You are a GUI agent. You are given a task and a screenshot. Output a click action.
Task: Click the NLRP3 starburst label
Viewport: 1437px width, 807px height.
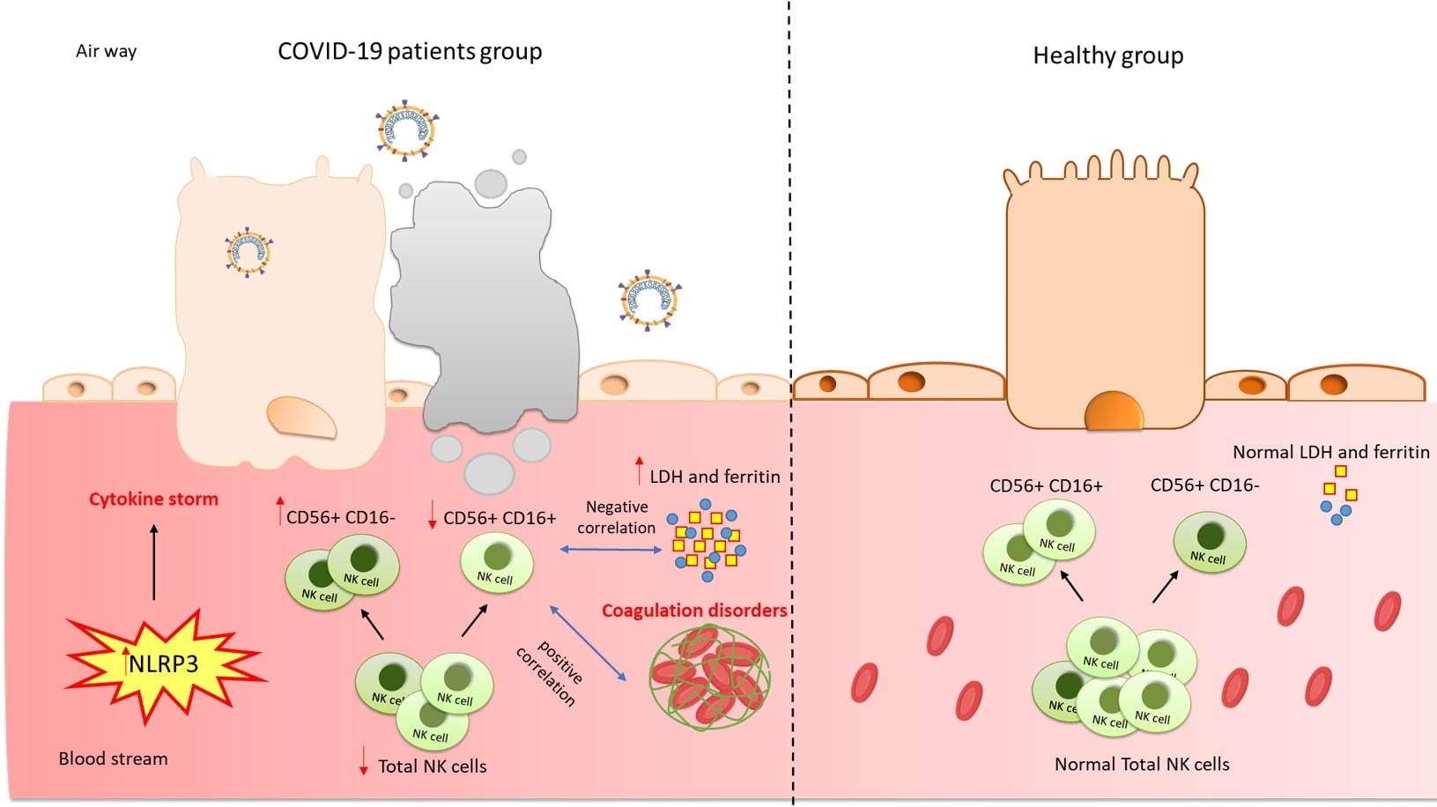coord(164,663)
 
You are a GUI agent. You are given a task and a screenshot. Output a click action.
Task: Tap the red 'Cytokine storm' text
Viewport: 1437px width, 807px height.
coord(153,500)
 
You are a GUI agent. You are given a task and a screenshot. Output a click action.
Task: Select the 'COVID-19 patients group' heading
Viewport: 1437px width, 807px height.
coord(410,51)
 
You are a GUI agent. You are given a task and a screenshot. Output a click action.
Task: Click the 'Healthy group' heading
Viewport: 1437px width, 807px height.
coord(1107,56)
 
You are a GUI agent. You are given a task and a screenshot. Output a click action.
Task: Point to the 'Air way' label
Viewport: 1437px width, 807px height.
coord(106,51)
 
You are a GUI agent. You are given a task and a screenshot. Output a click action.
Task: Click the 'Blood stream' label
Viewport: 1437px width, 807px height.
coord(113,759)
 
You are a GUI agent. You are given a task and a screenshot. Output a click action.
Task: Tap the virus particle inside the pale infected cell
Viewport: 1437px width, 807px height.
coord(248,253)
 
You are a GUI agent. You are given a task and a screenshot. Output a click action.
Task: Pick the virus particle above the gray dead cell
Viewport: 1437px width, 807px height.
coord(406,131)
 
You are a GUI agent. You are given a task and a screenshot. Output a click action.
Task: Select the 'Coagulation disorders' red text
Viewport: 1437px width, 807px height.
coord(694,611)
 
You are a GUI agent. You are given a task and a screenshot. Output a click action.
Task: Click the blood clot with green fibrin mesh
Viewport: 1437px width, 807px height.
coord(709,677)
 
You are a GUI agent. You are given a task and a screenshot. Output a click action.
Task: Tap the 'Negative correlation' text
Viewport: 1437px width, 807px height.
coord(617,517)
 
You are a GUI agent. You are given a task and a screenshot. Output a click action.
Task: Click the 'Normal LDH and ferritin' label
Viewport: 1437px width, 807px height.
coord(1330,452)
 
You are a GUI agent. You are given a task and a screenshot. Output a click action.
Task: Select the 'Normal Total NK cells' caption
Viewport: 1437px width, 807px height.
coord(1142,765)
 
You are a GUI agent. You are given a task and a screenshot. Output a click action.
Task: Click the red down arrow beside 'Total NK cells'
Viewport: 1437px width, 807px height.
coord(364,761)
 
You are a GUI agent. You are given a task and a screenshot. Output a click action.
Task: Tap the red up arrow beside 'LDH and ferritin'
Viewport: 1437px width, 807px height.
coord(640,470)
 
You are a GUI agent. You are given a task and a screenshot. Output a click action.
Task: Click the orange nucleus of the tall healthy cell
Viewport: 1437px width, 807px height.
coord(1114,411)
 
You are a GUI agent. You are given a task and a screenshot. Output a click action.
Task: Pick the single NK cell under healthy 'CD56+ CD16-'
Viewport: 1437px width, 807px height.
coord(1210,543)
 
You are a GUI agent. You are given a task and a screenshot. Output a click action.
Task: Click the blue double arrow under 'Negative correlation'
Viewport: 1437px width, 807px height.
coord(611,550)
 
